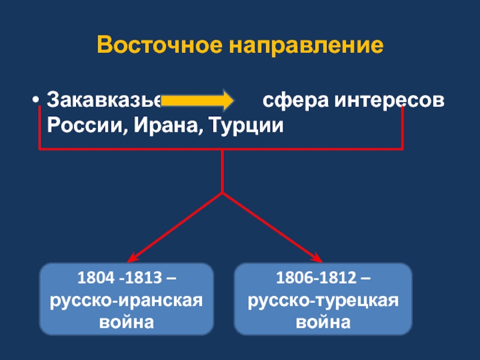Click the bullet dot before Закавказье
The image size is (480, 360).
(37, 100)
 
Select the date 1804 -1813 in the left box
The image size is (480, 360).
(120, 279)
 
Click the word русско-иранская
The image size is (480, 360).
(127, 301)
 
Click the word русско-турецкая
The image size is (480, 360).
(323, 301)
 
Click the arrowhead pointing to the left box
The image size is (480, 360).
(131, 258)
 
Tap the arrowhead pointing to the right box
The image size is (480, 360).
(317, 258)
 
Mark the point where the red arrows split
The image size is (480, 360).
(223, 193)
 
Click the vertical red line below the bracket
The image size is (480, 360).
(223, 171)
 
